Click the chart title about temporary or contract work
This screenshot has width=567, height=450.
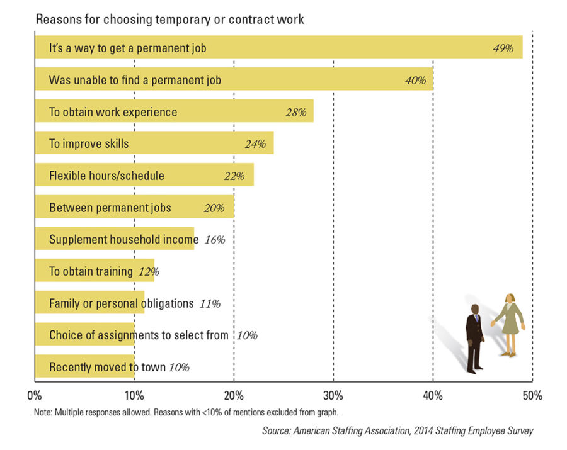(x=169, y=19)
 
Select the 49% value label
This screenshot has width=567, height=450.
(x=503, y=48)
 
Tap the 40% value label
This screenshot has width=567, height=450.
(x=416, y=81)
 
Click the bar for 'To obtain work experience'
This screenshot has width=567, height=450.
(x=173, y=112)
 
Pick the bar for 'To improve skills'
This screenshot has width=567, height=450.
(x=154, y=143)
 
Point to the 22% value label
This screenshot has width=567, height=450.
(x=234, y=176)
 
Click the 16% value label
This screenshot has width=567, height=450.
(x=215, y=240)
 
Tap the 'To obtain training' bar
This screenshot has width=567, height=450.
(x=94, y=272)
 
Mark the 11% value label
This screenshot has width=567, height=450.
(x=210, y=304)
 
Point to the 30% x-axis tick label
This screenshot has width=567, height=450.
(x=333, y=396)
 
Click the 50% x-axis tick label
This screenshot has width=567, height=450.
(x=532, y=396)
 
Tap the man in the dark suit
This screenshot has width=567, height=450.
(x=474, y=337)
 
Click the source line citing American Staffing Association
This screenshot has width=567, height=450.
(x=398, y=431)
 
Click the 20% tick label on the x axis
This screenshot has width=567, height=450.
(x=234, y=396)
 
